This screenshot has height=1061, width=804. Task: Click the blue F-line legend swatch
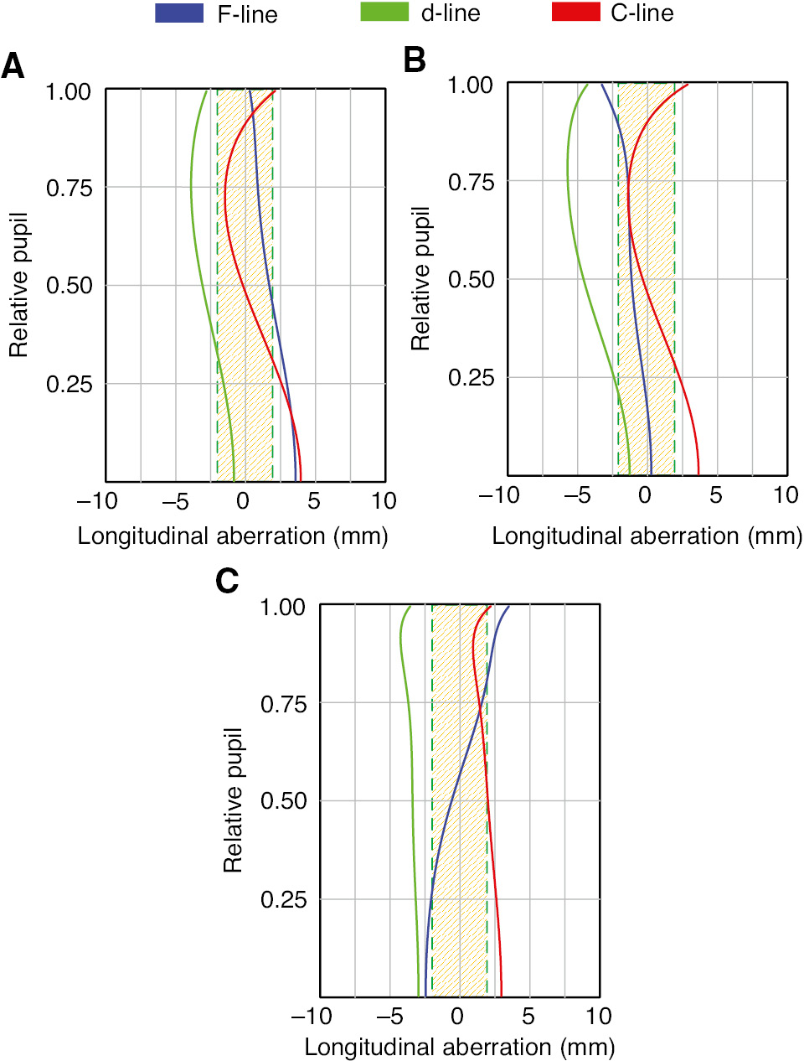point(179,13)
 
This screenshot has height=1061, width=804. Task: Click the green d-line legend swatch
point(384,13)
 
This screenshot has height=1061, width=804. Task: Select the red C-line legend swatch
point(576,13)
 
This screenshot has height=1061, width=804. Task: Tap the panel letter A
point(13,66)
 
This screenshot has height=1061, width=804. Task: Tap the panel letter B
point(415,60)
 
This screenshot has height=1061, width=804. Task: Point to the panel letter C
point(227,581)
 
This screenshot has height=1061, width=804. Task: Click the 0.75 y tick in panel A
point(69,188)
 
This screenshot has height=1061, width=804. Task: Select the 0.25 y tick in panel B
point(471,377)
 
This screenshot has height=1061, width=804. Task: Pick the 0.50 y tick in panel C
point(283,801)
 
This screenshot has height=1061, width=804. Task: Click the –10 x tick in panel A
point(97,501)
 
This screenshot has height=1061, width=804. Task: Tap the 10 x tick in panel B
point(786,495)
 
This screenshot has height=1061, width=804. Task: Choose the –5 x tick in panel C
point(389,1017)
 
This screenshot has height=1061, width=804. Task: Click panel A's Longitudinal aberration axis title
point(233,536)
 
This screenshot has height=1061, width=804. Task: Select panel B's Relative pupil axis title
point(420,279)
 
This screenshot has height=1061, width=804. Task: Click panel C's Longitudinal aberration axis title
point(460,1047)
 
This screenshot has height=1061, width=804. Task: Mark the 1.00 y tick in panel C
point(283,607)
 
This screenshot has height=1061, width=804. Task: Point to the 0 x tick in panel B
point(645,495)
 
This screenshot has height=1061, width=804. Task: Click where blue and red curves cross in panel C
point(481,712)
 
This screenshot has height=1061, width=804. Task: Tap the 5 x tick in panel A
point(313,501)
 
